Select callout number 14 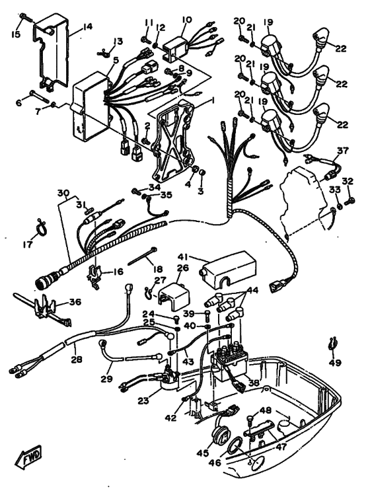point(88,28)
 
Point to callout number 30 point(62,193)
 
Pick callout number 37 point(342,150)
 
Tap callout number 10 point(186,20)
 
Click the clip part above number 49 point(333,344)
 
